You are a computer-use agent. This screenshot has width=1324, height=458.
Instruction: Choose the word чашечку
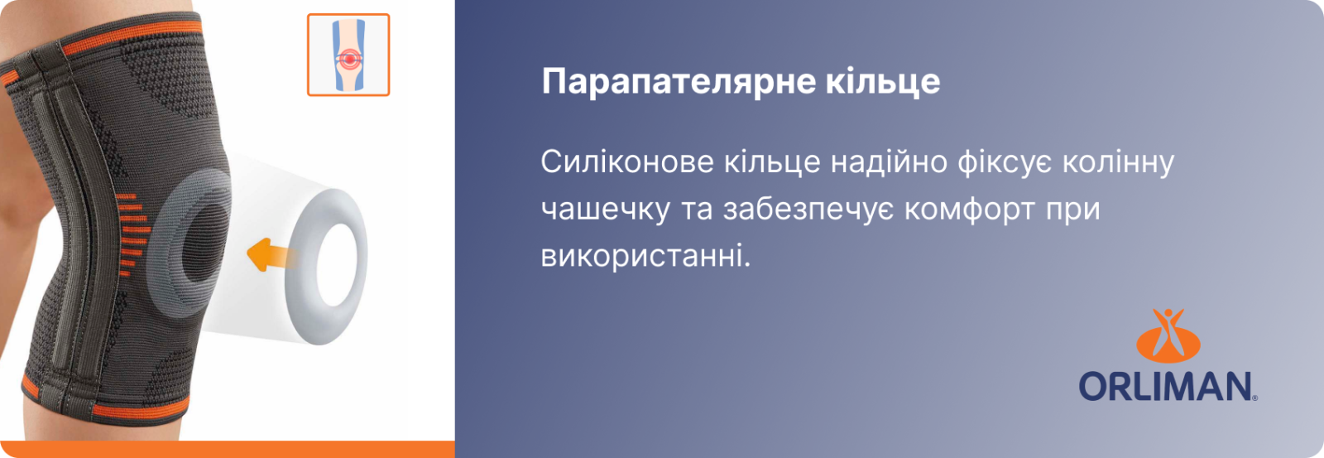[605, 210]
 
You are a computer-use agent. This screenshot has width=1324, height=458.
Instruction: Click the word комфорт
[969, 210]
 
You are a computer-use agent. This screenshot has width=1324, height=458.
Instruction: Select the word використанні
[645, 256]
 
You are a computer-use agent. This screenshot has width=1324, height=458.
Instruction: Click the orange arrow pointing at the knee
[271, 255]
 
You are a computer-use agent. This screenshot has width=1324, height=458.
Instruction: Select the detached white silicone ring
[325, 267]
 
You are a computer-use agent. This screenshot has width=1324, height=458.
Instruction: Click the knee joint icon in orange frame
[348, 55]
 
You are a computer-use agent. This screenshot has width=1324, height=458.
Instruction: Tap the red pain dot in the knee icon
[349, 59]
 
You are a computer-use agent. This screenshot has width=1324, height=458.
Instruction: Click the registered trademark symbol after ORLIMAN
[1254, 399]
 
